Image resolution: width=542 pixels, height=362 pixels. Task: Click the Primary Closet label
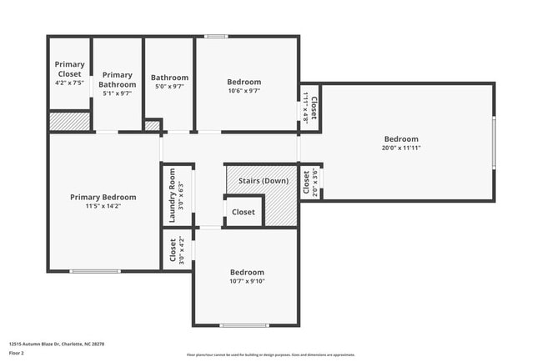click(x=70, y=68)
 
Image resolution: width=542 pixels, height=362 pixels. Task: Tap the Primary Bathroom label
click(x=118, y=79)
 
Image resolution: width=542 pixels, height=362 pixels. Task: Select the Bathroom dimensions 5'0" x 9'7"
click(x=169, y=86)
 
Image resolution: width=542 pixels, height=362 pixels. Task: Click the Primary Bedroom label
click(x=103, y=197)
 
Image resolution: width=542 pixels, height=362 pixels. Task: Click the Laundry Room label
click(x=173, y=194)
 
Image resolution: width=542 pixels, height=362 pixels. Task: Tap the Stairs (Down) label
click(x=263, y=181)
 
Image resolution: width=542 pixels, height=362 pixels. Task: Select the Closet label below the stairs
click(x=243, y=212)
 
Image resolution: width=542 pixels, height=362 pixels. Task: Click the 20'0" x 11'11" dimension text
click(x=401, y=148)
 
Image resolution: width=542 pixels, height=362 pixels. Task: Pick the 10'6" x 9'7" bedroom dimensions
click(x=243, y=91)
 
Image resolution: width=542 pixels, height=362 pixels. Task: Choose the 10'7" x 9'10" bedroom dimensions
click(x=247, y=281)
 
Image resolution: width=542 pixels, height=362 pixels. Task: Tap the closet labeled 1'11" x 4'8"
click(x=310, y=108)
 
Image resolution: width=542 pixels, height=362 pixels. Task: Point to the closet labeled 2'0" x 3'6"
click(x=310, y=183)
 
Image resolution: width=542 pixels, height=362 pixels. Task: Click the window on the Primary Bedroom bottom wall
click(x=94, y=270)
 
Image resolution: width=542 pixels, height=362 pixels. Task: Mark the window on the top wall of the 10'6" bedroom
click(x=217, y=36)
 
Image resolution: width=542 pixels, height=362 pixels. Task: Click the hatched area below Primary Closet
click(x=69, y=122)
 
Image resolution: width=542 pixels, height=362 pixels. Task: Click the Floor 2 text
click(x=18, y=353)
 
